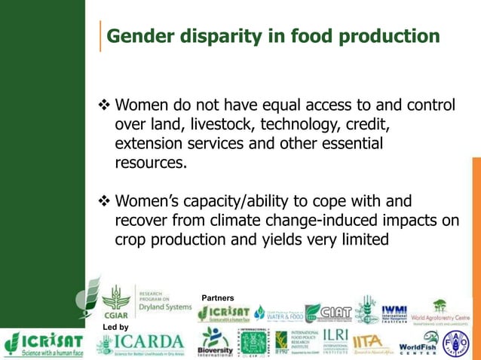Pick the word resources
click(x=149, y=163)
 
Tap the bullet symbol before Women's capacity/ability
click(x=104, y=202)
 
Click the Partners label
click(x=218, y=298)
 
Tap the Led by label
click(x=115, y=327)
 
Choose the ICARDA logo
click(x=140, y=343)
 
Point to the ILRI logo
click(x=334, y=343)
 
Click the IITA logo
click(x=372, y=343)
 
